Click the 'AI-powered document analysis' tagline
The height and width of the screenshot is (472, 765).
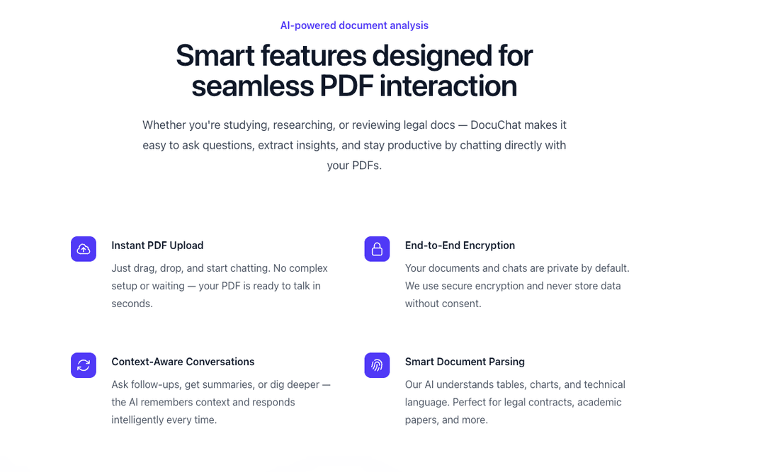click(x=354, y=25)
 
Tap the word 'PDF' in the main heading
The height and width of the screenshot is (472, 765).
click(x=346, y=86)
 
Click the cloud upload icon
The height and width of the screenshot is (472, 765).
click(x=84, y=249)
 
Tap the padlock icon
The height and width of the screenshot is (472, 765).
click(x=377, y=249)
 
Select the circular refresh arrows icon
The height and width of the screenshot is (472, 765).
click(x=84, y=365)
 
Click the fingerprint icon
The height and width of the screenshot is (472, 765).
click(x=377, y=365)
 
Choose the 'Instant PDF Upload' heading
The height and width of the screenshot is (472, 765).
click(x=157, y=246)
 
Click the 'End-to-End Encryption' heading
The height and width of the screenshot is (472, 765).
click(x=460, y=246)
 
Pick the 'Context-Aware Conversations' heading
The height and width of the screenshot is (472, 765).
click(x=183, y=362)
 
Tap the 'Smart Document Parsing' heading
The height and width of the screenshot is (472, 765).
click(x=465, y=362)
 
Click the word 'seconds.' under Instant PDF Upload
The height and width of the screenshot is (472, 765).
click(x=132, y=304)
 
